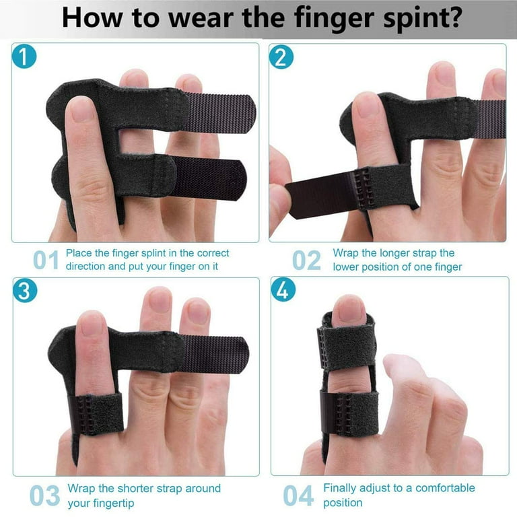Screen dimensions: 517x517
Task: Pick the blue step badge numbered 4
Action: [x=281, y=289]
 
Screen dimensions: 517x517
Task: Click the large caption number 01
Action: [x=46, y=260]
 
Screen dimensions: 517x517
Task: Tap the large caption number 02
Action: [x=306, y=260]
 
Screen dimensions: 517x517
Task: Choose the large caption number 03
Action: [x=45, y=495]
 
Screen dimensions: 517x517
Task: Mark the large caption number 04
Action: [x=298, y=495]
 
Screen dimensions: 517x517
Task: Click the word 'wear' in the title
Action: [x=193, y=18]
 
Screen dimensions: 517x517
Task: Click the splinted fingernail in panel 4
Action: [x=349, y=310]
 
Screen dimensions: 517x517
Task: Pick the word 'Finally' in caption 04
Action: [x=343, y=488]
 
